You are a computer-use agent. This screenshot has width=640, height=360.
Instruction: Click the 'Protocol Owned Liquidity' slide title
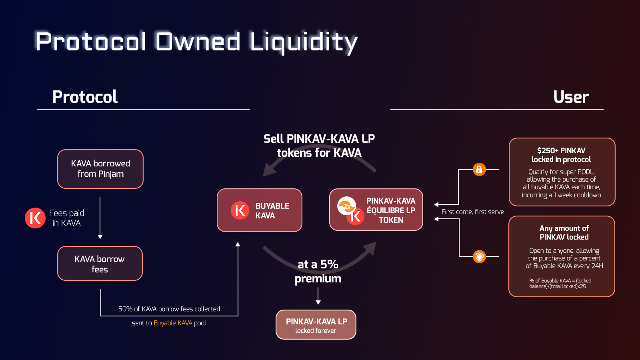(x=196, y=42)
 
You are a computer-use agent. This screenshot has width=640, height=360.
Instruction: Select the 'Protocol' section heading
(x=85, y=97)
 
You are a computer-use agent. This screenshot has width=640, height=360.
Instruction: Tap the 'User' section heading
(x=571, y=97)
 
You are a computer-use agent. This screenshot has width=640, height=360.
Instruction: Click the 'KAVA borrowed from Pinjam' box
(x=100, y=169)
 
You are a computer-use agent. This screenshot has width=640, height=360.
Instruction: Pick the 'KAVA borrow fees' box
(x=100, y=264)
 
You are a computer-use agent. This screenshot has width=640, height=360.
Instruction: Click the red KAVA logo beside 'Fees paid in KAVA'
(x=35, y=218)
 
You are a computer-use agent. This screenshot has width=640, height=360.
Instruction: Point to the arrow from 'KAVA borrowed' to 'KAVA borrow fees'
(x=100, y=218)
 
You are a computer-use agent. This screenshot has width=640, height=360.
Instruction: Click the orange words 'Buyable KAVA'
(x=173, y=323)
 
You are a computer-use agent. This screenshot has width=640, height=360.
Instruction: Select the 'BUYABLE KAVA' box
(x=260, y=210)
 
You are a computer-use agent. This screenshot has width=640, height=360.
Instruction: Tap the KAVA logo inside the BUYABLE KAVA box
(x=240, y=210)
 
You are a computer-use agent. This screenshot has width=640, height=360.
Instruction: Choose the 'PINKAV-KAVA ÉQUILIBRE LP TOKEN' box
(x=376, y=210)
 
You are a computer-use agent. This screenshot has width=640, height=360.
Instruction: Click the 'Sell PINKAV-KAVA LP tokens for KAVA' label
(x=319, y=146)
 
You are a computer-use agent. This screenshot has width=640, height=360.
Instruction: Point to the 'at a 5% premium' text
(x=318, y=272)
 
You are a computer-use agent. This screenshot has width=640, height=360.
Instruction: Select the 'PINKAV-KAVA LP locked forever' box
(x=316, y=324)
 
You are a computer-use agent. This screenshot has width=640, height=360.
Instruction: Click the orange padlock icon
(x=479, y=170)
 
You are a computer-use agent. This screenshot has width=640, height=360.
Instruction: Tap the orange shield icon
(x=479, y=256)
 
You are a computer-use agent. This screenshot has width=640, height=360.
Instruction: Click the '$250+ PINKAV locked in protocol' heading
(x=562, y=155)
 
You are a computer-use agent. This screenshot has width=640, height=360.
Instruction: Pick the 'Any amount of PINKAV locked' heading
(x=564, y=232)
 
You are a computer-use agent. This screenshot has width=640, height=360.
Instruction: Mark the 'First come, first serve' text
(x=472, y=212)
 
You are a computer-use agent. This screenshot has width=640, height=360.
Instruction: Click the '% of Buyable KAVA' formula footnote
(x=560, y=284)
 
